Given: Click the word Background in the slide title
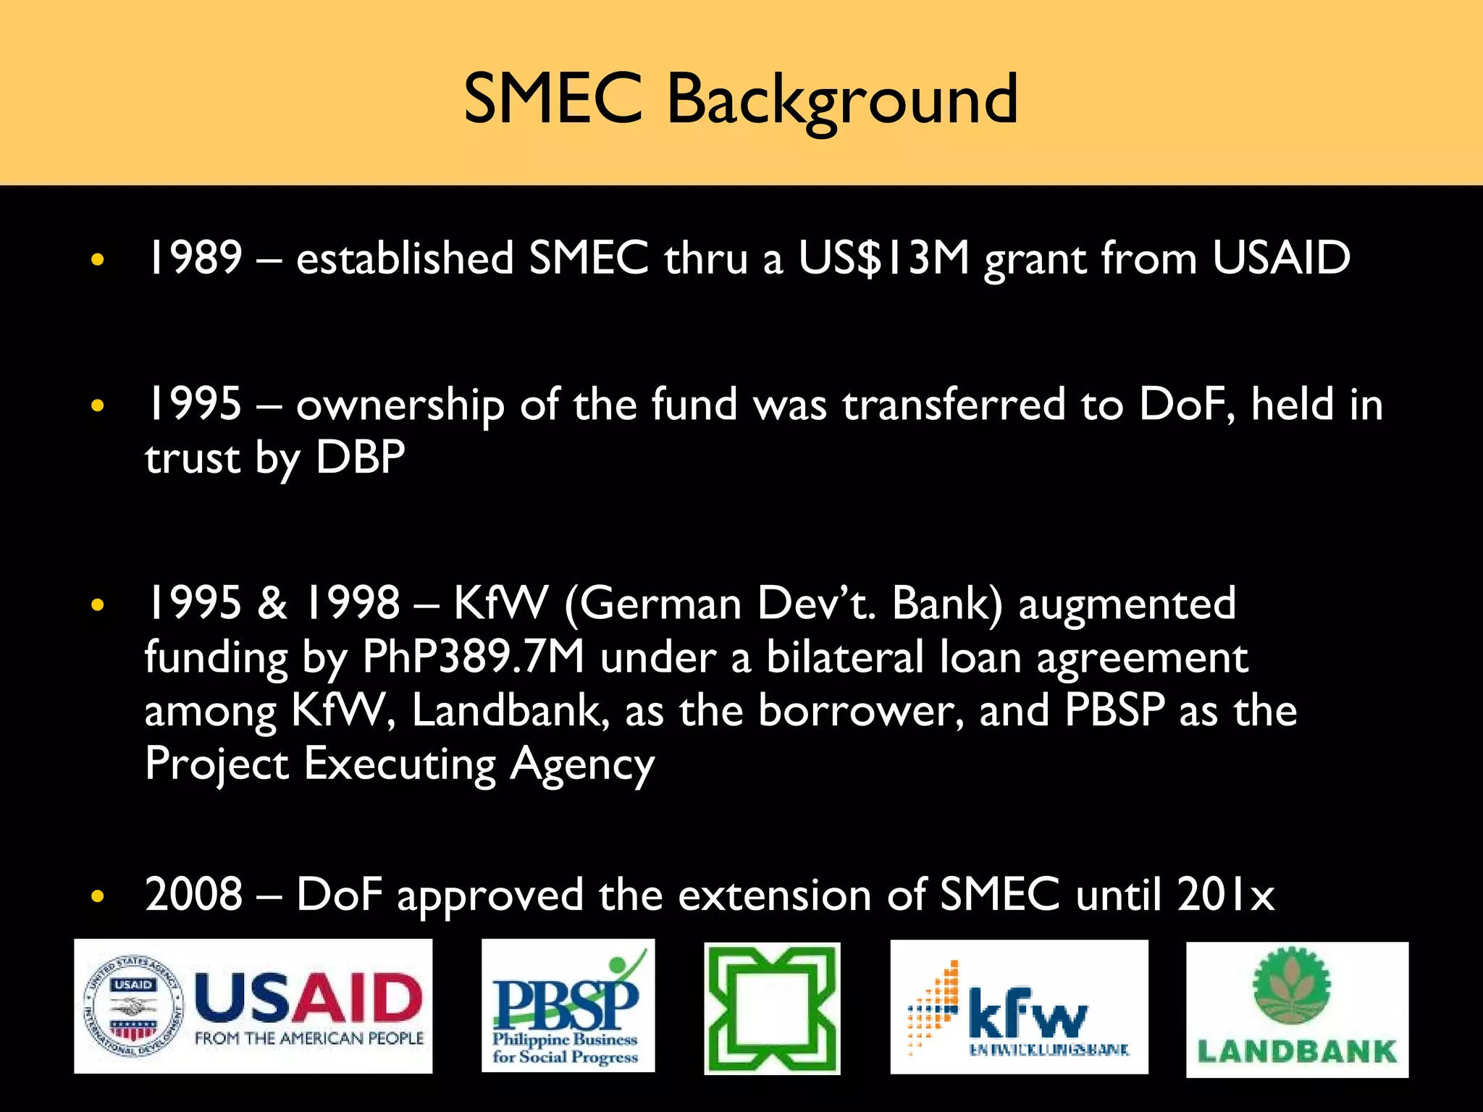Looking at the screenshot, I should [x=841, y=100].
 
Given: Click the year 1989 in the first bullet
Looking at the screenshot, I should [x=194, y=258].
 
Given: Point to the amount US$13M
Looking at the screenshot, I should [x=883, y=258].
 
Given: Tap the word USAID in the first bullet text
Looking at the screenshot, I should [x=1281, y=258].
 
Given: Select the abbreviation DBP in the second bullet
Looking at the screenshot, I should [x=360, y=458].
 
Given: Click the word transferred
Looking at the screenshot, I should [x=954, y=404].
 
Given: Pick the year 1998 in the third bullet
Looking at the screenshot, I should [x=351, y=603].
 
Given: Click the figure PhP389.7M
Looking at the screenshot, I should [x=473, y=657].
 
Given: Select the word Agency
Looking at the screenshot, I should [x=582, y=764].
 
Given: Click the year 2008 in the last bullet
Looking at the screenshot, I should [x=194, y=895].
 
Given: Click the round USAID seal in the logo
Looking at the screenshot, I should [x=133, y=1006].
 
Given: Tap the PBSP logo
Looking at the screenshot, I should [x=568, y=1006].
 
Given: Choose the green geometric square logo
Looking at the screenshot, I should [x=772, y=1008].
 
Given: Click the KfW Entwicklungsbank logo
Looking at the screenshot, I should [x=1019, y=1008].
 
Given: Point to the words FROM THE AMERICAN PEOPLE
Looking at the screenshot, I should [x=309, y=1038].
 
